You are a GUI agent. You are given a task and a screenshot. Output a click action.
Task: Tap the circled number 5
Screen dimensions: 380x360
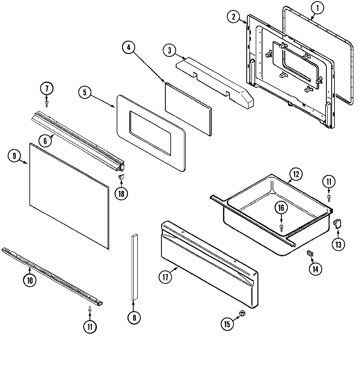coord(85,93)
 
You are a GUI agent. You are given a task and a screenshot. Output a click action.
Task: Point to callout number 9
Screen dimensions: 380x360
coord(14,156)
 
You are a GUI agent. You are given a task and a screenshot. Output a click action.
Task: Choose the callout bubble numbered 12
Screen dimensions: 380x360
coord(296,174)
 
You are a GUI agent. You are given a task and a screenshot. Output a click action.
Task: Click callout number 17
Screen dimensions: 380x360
coord(165,277)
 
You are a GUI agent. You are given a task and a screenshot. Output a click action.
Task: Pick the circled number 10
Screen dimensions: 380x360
coord(29,280)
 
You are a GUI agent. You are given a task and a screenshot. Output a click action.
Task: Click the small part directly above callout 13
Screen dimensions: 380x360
coord(337,223)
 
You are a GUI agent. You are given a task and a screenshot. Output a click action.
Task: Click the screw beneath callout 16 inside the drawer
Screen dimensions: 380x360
coord(281,226)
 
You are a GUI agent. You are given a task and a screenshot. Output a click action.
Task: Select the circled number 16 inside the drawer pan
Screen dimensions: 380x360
coord(281,208)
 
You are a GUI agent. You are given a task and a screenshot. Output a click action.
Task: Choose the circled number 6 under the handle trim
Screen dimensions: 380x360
coord(45,141)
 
